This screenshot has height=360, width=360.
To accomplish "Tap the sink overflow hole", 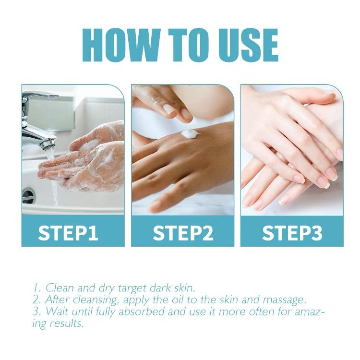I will tap(28, 195).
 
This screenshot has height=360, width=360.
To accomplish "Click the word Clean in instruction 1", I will tap(60, 288).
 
